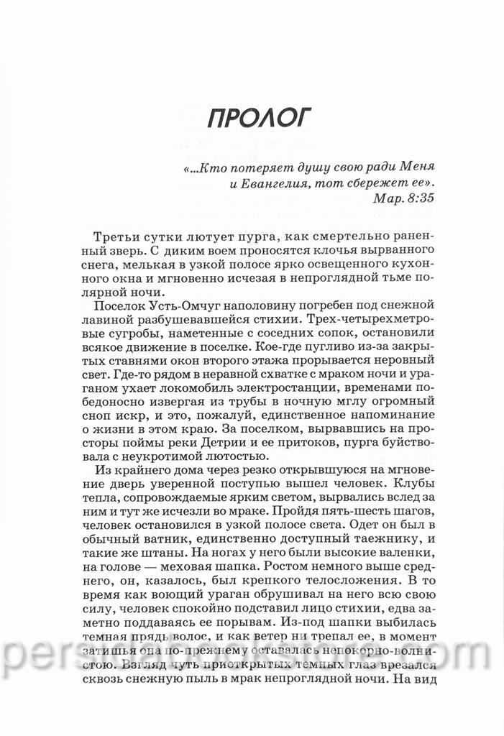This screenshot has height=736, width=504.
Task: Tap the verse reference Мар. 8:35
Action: [x=404, y=198]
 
